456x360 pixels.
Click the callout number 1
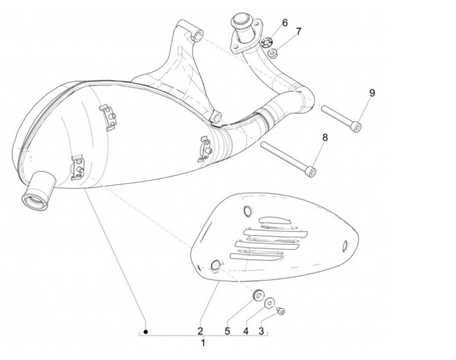pos(203,344)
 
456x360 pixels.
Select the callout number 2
pos(200,330)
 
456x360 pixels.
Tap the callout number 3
pos(260,330)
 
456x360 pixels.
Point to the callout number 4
pos(244,330)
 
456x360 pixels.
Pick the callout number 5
pos(227,330)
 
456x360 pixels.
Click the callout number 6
pos(284,23)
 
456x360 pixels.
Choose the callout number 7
pos(298,31)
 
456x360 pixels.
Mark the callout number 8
pos(325,137)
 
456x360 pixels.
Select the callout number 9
pos(372,93)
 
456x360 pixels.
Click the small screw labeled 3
pos(282,311)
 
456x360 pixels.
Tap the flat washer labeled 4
pos(270,303)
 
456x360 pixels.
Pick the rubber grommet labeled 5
pos(258,295)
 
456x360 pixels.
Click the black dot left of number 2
pos(145,331)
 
